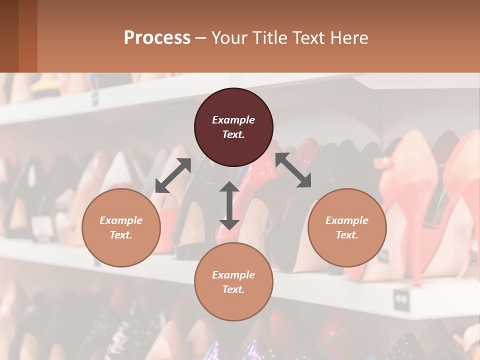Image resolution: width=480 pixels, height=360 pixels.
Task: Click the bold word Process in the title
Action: (x=157, y=38)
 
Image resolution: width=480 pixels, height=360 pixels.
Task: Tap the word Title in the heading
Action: (x=268, y=38)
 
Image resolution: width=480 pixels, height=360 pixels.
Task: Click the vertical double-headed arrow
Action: (x=229, y=205)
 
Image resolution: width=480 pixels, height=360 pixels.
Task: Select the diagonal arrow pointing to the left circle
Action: (x=173, y=175)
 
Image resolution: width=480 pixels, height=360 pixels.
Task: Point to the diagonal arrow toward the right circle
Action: (x=293, y=170)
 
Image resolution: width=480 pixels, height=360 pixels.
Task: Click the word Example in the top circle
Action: (x=233, y=120)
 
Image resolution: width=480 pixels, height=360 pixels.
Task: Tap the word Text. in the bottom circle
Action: (x=233, y=289)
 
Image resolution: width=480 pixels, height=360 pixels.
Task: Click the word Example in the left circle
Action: (x=121, y=220)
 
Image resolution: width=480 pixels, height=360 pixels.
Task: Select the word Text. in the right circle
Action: (x=347, y=235)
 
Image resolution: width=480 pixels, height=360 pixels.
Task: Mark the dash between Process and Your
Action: (x=200, y=38)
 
